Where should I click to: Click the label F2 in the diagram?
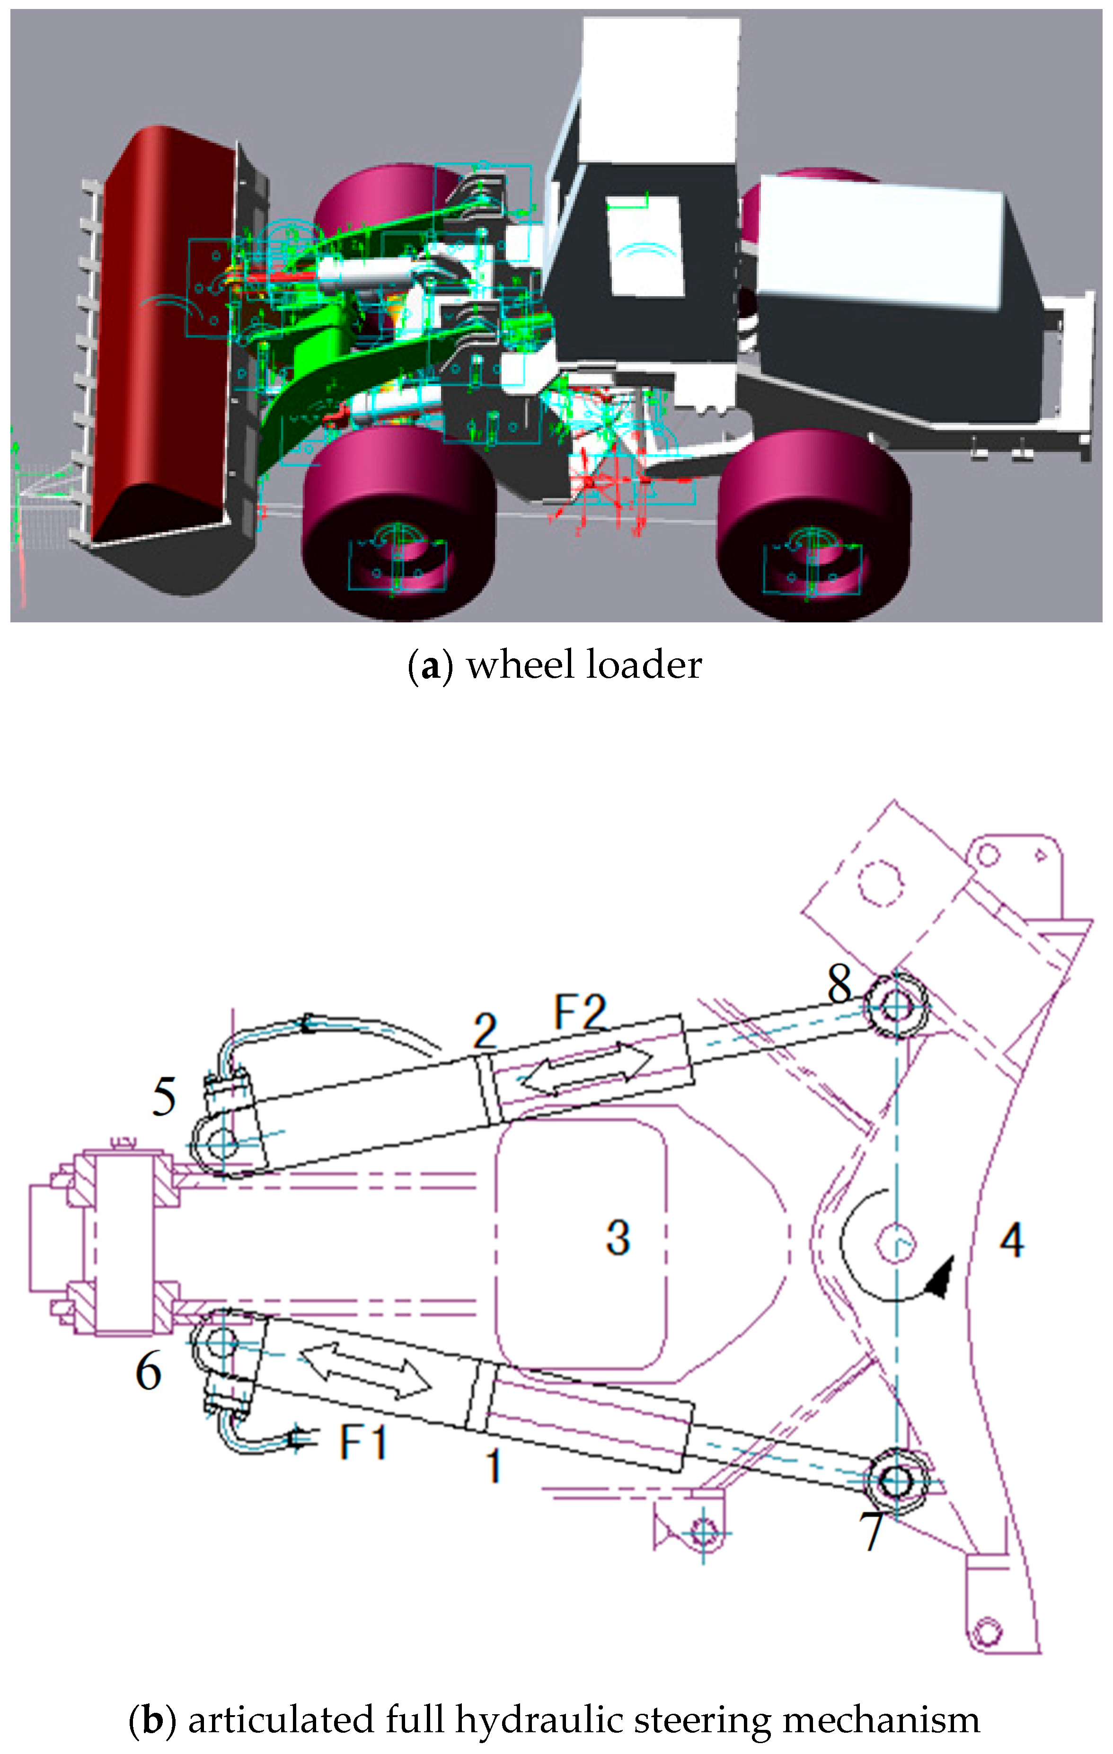click(579, 1012)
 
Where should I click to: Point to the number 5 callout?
click(164, 1096)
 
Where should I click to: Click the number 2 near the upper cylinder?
click(485, 1031)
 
